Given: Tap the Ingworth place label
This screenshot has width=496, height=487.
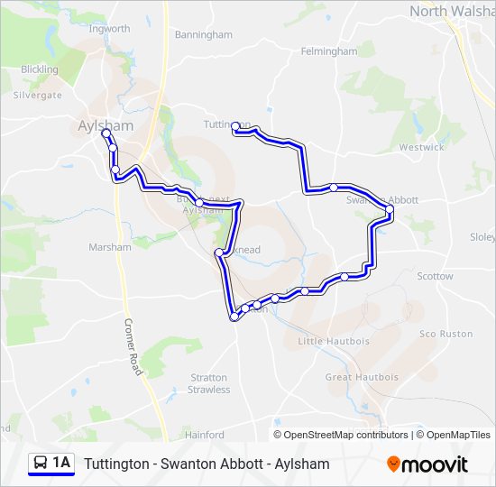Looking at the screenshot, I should coord(110,29).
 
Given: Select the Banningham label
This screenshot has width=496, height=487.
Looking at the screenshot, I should coord(204,35).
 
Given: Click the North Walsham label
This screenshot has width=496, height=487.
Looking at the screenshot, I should coord(451,11).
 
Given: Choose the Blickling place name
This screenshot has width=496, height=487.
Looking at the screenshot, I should coord(39,69).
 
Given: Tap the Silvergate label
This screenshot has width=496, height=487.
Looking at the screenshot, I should coord(38,95).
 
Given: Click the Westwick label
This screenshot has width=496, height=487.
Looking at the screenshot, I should coord(421,147).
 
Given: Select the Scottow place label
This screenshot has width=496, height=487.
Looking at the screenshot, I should coord(436,277).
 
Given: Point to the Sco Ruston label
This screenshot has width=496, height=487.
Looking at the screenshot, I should coord(445,334).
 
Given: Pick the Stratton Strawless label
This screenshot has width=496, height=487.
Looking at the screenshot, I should coord(209,383).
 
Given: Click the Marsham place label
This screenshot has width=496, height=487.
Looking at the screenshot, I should coord(110,247).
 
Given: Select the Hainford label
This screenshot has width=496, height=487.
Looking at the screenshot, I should coord(204,435).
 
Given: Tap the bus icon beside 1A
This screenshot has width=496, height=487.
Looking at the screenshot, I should coord(41,464).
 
